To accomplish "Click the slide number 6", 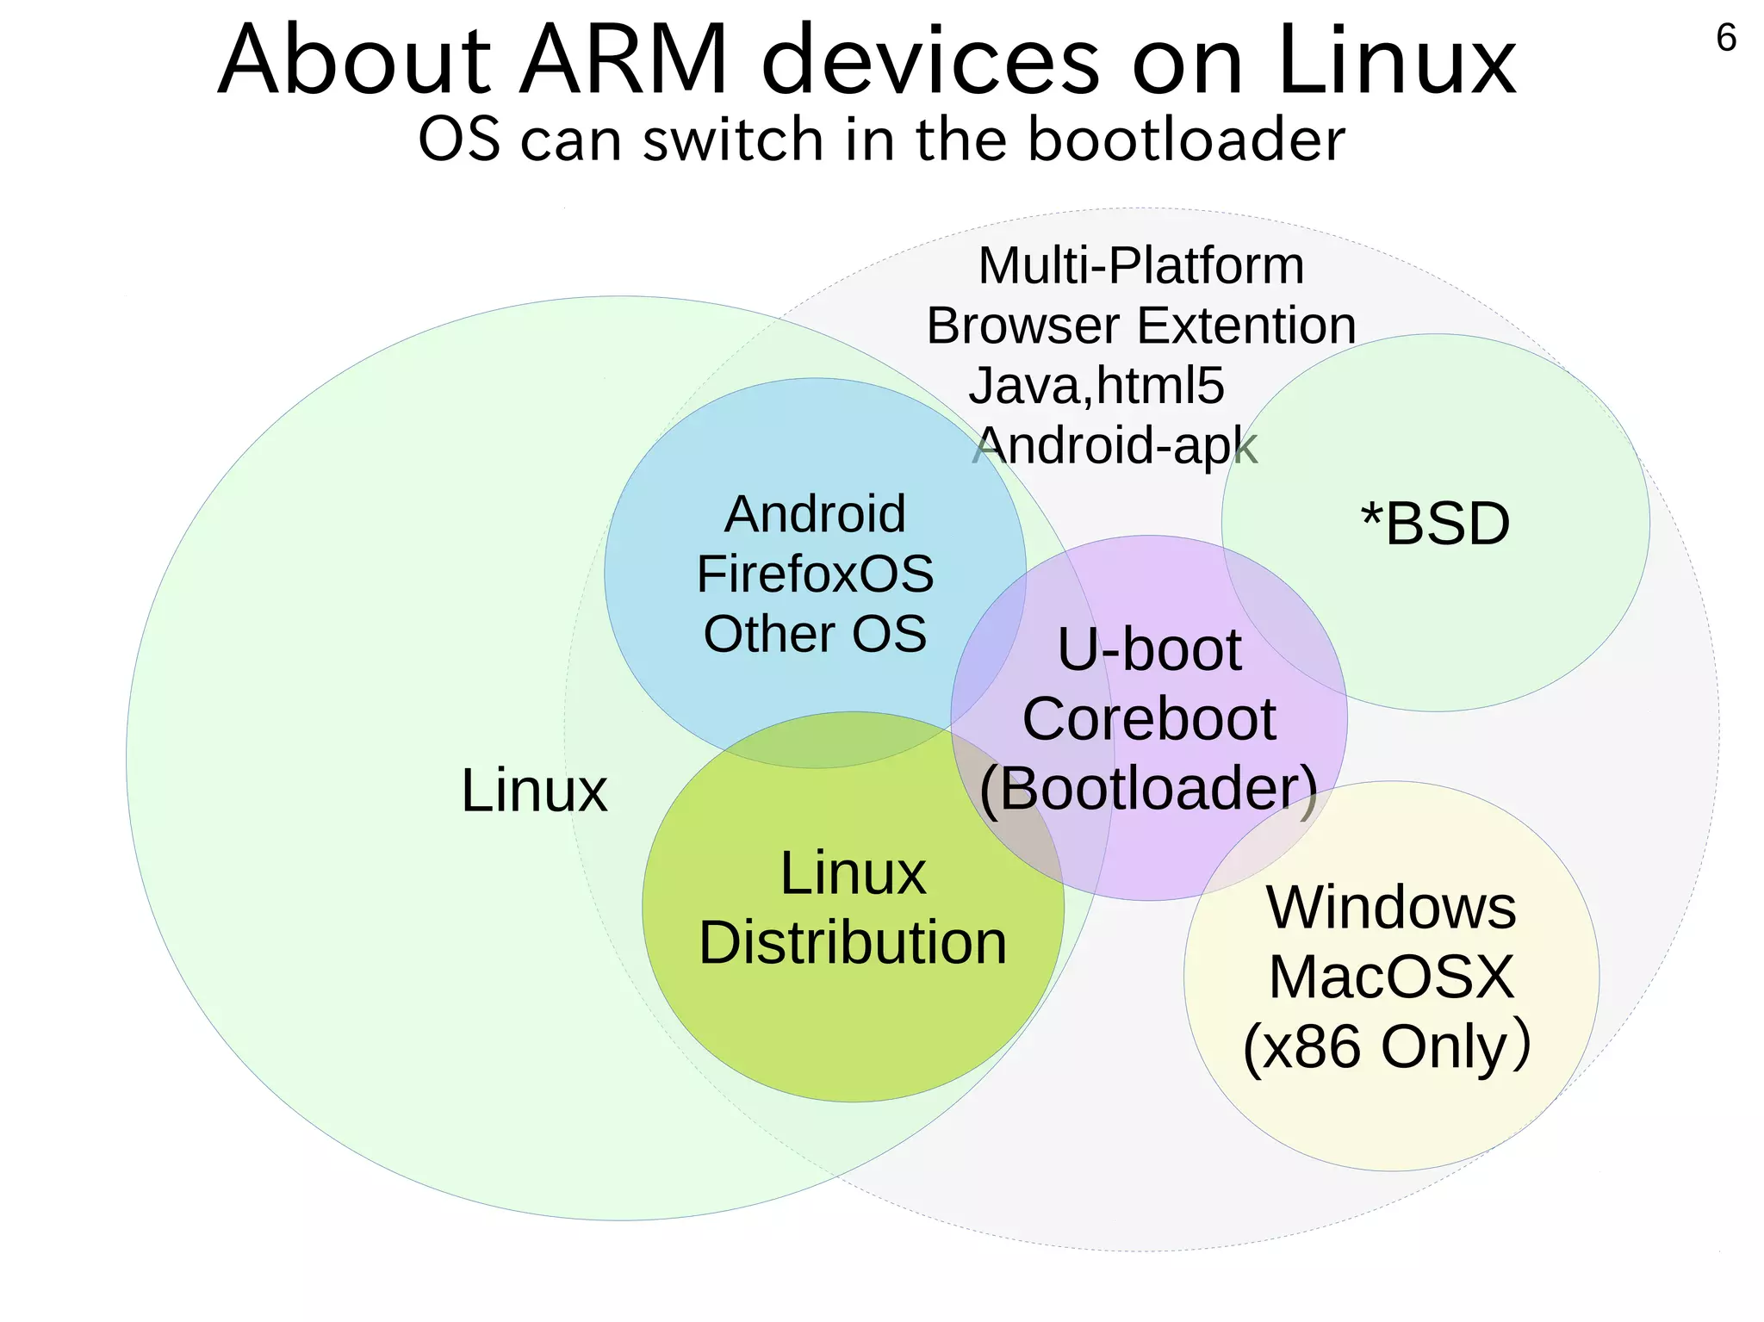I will point(1725,39).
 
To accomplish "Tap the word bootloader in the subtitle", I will point(1186,140).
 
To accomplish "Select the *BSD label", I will point(1435,524).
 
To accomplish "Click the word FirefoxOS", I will point(815,574).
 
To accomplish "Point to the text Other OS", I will point(815,634).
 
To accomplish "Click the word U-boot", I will point(1149,649).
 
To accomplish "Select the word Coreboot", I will point(1149,719).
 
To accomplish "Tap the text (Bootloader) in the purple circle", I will point(1149,788).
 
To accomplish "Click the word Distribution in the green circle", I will point(853,943).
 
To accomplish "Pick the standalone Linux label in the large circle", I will point(534,791).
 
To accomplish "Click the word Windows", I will point(1390,908).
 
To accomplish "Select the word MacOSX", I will point(1390,978).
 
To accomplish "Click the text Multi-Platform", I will point(1141,265).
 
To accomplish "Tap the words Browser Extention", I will point(1141,326).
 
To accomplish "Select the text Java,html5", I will point(1096,386).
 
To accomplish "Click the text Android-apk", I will point(1116,446).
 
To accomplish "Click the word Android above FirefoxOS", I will point(815,515).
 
